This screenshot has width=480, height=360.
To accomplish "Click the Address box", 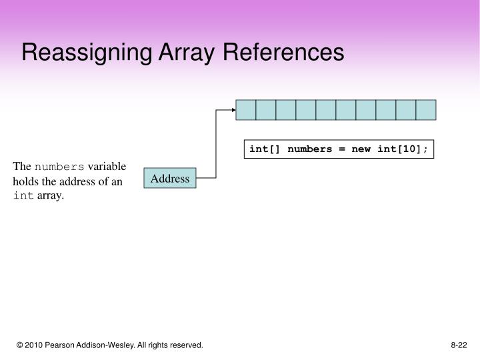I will point(170,179).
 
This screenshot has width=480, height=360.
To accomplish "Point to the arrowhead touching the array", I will point(233,109).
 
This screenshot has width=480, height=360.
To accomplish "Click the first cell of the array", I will point(246,109).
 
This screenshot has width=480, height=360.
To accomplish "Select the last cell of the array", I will point(426,109).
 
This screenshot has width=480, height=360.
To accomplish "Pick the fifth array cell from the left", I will point(326,109).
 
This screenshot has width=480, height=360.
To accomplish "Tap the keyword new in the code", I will point(361,149).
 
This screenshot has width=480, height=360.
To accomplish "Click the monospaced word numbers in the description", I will point(59,167).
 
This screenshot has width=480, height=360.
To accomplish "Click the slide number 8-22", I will point(459,345).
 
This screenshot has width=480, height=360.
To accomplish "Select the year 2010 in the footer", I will point(37,345).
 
